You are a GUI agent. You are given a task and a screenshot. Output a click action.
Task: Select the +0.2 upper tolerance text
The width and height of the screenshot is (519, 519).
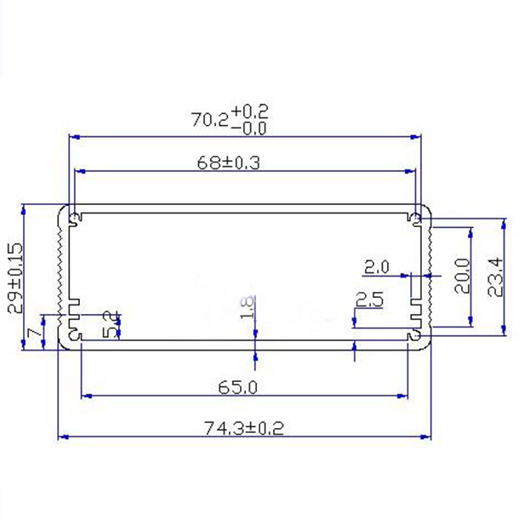248,111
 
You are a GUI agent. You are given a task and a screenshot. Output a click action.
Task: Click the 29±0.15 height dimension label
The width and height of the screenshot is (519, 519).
14,277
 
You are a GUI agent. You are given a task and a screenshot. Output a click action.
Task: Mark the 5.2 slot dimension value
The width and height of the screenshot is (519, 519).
110,324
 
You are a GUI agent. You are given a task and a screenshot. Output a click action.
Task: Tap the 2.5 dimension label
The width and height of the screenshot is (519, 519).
368,299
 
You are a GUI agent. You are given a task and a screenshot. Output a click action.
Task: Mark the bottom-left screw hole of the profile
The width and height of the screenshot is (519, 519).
75,337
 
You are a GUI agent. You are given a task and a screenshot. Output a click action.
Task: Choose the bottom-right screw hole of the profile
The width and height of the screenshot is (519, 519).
417,337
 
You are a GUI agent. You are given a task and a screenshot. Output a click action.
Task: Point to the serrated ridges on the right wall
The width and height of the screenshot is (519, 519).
431,264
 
